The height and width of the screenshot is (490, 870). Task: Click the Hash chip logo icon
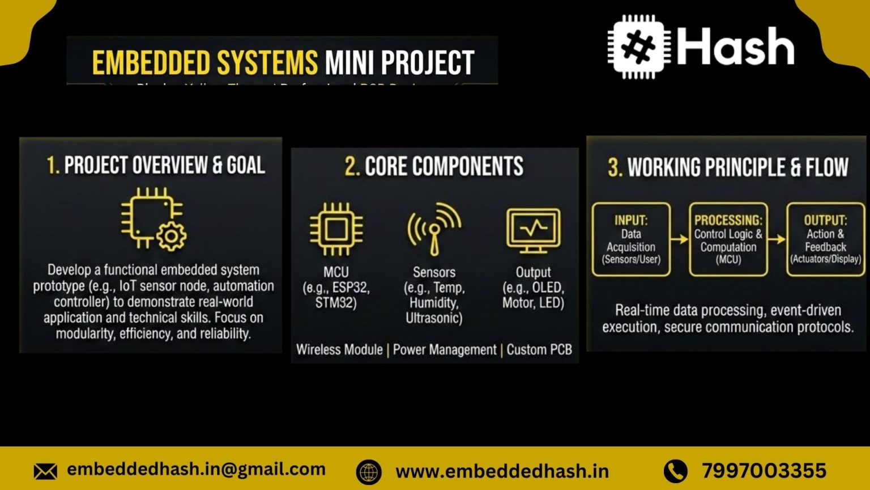[638, 47]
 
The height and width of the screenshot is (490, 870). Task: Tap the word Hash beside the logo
[735, 47]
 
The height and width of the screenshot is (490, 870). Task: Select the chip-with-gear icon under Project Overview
[153, 219]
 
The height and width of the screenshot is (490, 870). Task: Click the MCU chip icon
[336, 229]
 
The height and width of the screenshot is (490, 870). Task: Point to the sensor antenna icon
[434, 229]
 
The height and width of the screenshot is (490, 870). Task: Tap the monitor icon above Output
[533, 230]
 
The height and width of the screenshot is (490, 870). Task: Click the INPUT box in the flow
[631, 239]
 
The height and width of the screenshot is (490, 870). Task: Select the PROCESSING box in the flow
[728, 239]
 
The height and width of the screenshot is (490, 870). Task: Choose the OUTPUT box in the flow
[825, 239]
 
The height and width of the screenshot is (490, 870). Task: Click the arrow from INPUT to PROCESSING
[679, 239]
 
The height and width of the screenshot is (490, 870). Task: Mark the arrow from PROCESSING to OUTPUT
[777, 239]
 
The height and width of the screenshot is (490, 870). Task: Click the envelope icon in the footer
[45, 471]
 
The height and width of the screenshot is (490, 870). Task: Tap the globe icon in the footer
[369, 472]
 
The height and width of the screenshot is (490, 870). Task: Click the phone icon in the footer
[675, 471]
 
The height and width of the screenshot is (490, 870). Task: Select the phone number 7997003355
[764, 471]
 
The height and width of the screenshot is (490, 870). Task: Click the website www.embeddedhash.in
[502, 471]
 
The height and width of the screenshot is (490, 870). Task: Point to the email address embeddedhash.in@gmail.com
[196, 469]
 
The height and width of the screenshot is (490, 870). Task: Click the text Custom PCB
[539, 350]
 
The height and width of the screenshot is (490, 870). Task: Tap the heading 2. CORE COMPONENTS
[434, 167]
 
